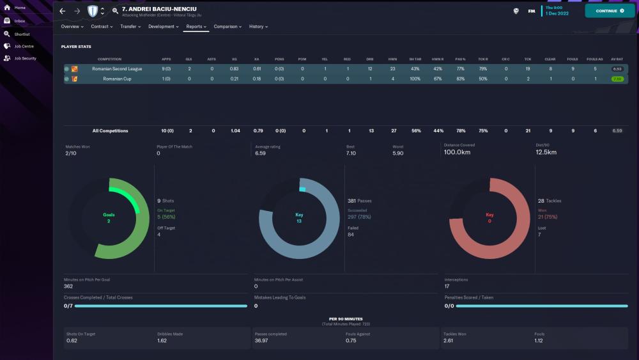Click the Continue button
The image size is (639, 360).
click(610, 11)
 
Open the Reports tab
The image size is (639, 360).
click(196, 27)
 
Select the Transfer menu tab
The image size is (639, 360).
click(130, 27)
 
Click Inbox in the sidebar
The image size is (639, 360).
click(20, 20)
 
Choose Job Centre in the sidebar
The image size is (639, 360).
click(24, 46)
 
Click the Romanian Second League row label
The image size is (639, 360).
click(117, 68)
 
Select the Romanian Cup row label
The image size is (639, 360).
click(117, 79)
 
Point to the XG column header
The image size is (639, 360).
click(234, 59)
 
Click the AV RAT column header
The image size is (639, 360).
click(617, 59)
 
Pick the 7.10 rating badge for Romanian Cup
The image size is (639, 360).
click(617, 79)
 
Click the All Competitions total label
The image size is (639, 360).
click(110, 130)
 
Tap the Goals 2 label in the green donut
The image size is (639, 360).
click(109, 218)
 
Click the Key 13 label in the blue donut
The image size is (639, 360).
click(298, 218)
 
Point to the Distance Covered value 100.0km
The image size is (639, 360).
click(457, 153)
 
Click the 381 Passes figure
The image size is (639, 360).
click(359, 201)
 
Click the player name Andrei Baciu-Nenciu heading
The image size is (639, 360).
click(159, 9)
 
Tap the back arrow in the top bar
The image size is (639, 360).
click(63, 11)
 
